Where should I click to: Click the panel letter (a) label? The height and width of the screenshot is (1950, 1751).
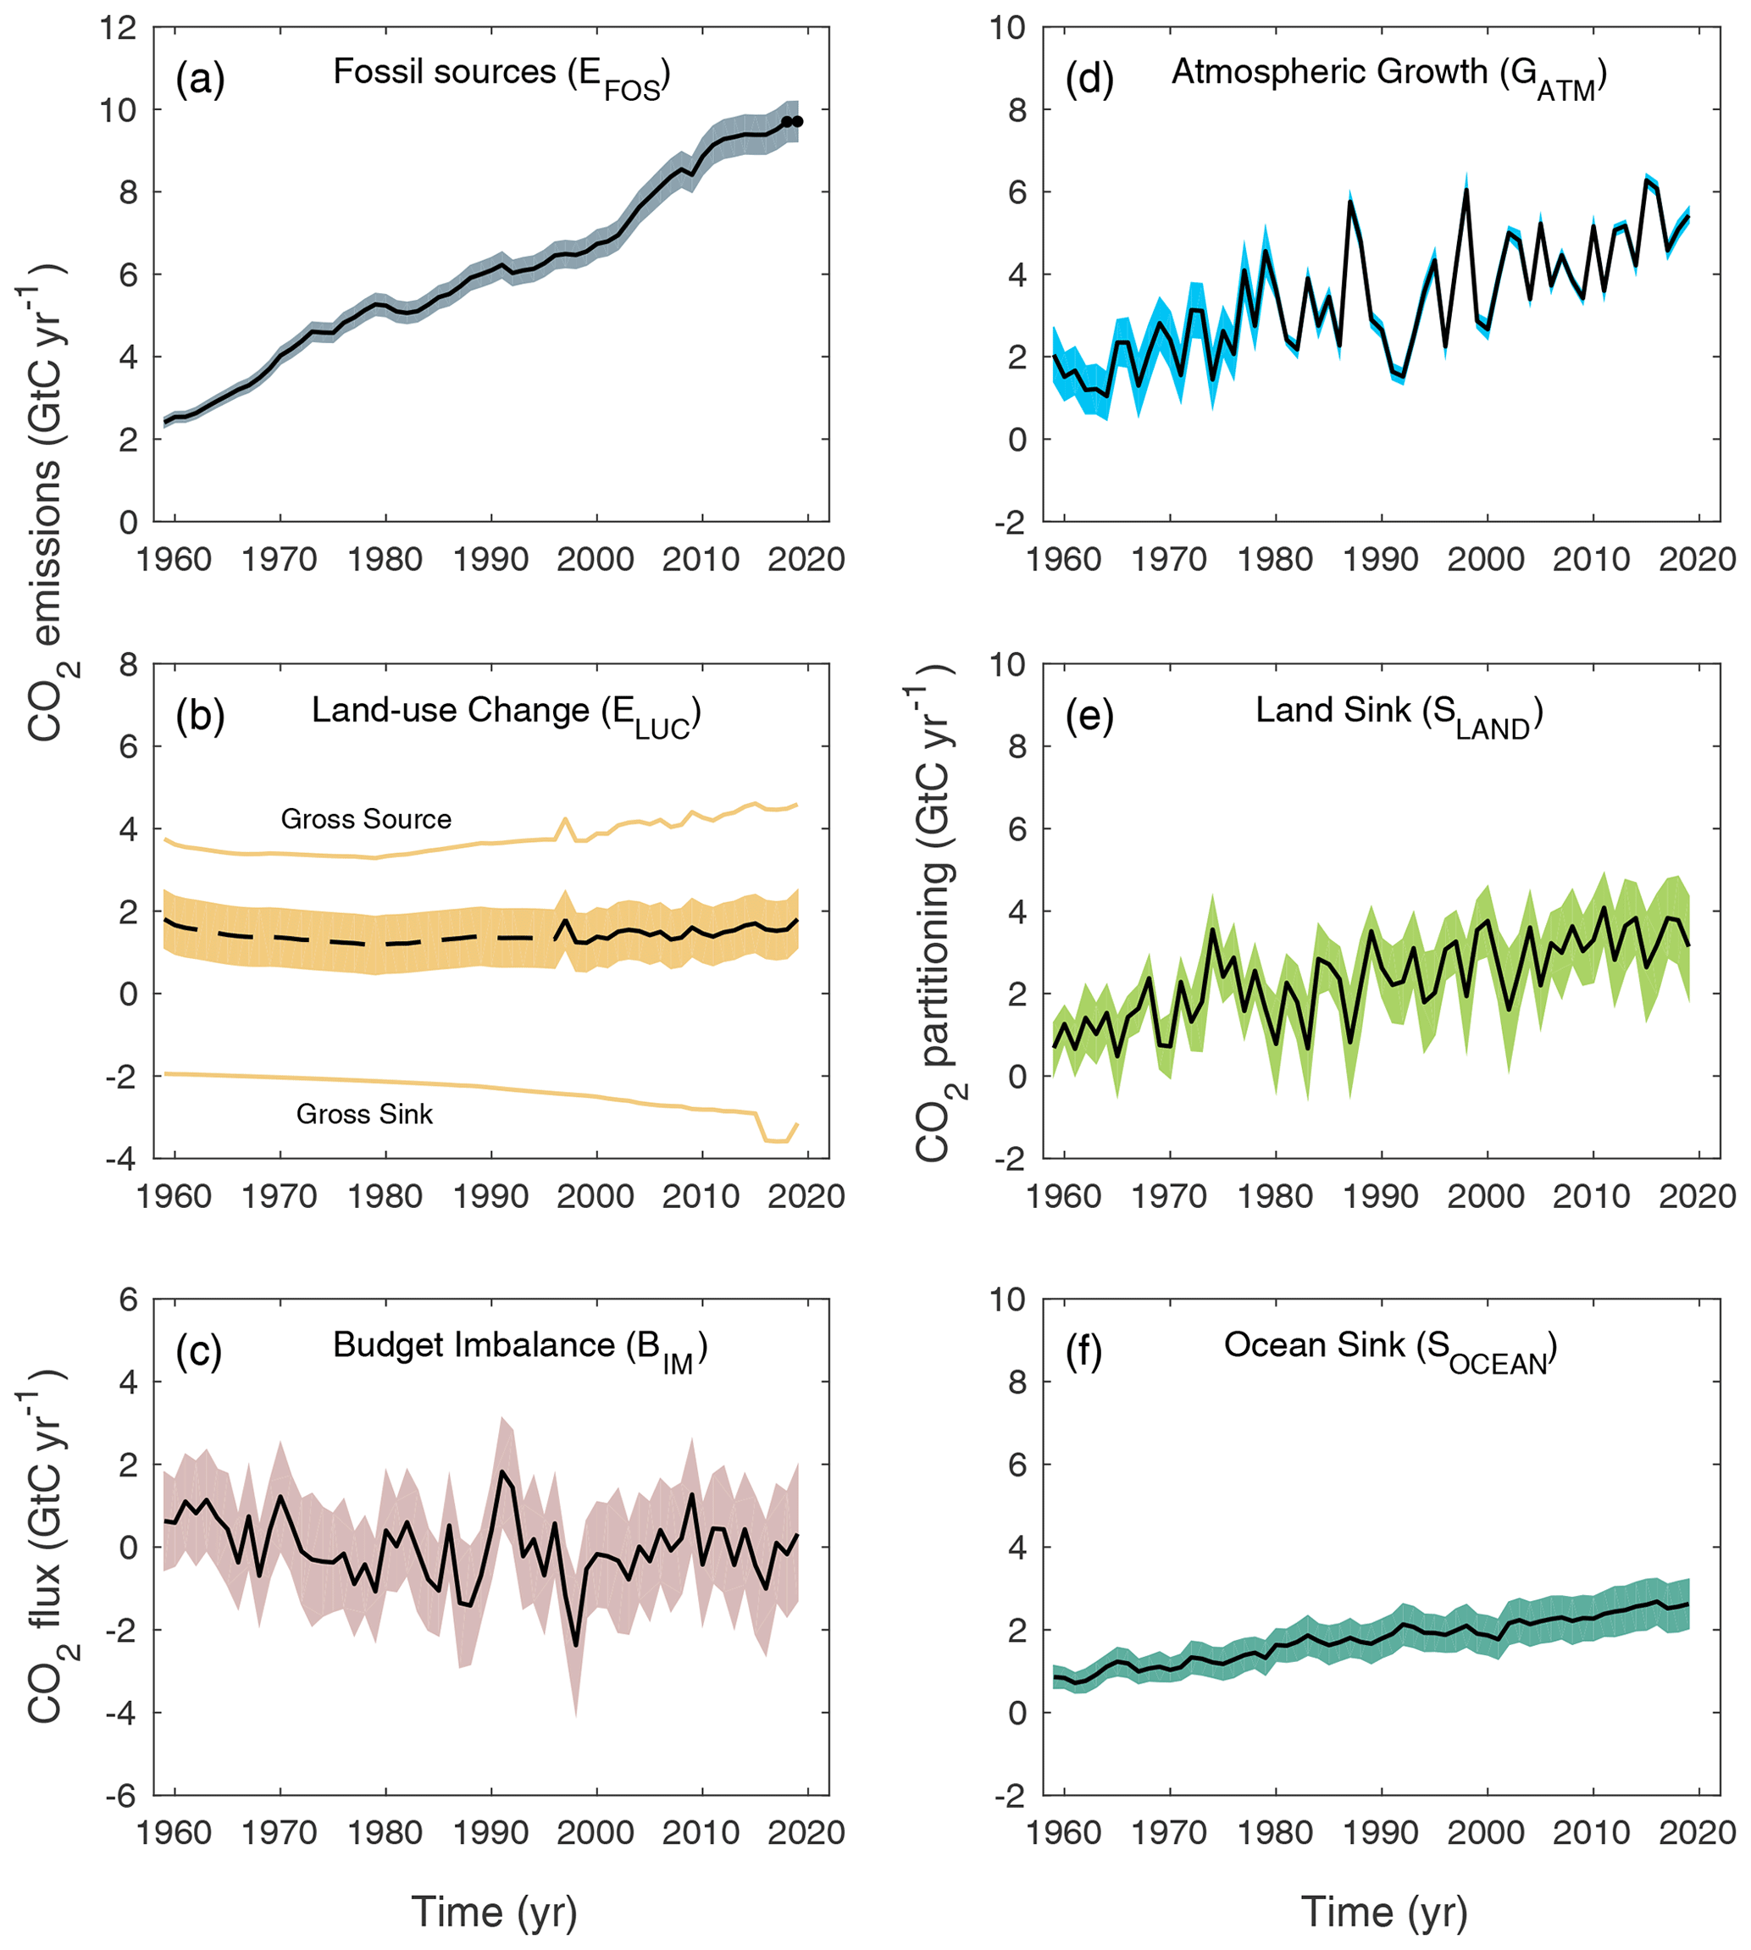tap(200, 79)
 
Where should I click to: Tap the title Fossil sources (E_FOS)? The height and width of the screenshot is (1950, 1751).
tap(501, 74)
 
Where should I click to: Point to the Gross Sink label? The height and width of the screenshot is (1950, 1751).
tap(363, 1114)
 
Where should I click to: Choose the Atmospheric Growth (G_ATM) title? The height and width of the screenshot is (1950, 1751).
tap(1388, 74)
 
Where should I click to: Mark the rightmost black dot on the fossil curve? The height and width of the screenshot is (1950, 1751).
tap(798, 121)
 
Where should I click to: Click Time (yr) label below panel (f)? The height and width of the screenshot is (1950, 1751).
tap(1383, 1912)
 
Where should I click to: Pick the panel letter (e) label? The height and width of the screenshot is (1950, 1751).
tap(1089, 717)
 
